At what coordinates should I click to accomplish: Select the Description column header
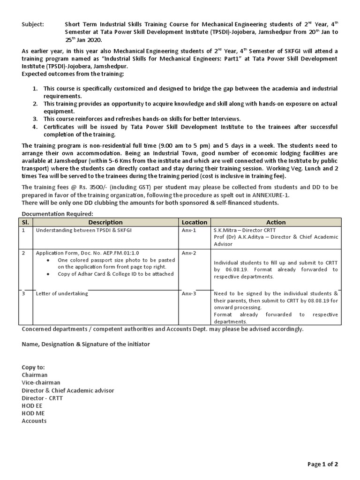(x=105, y=222)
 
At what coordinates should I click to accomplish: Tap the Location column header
(x=194, y=222)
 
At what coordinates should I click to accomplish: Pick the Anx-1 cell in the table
(x=189, y=231)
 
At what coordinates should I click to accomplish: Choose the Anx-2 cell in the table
(x=189, y=253)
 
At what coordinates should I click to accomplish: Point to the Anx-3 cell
(x=189, y=293)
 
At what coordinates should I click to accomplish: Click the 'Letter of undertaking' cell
(x=62, y=293)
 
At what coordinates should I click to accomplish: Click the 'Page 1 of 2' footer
(x=322, y=465)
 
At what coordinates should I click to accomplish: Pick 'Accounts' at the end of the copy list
(x=34, y=420)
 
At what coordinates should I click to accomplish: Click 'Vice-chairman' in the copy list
(x=41, y=382)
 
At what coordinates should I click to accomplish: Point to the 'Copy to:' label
(x=33, y=367)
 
